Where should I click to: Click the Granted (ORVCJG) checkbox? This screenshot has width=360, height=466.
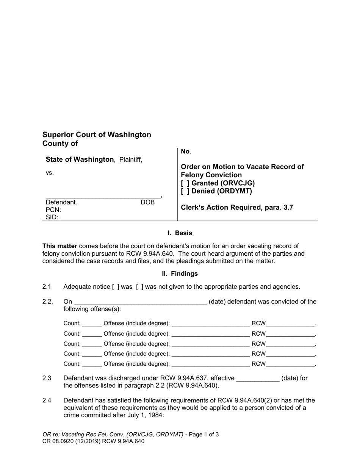185,183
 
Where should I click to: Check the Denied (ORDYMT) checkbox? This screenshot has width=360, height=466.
185,191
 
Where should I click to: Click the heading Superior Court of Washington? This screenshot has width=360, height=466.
97,135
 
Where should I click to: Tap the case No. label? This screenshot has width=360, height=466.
186,152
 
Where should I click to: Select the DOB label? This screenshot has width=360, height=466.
148,202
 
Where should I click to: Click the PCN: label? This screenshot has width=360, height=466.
53,210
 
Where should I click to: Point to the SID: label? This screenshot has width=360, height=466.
52,217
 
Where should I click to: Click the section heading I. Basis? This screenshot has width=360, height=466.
180,233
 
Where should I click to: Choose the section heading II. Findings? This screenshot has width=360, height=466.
180,274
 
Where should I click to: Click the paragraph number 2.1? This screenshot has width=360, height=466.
47,286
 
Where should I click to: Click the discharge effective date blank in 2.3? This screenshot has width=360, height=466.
258,378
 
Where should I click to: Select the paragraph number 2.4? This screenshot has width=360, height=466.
47,400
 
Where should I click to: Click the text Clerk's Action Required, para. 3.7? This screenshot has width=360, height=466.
237,207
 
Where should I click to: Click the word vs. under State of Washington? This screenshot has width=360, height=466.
50,173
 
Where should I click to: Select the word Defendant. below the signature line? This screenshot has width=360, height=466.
61,202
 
